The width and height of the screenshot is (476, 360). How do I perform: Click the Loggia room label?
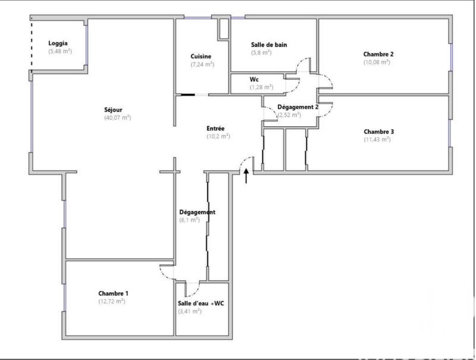point(58,43)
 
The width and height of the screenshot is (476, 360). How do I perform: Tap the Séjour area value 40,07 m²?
point(117,118)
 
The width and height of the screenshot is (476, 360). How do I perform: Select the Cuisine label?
point(201,57)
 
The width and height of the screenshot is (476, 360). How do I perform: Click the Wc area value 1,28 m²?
point(261,87)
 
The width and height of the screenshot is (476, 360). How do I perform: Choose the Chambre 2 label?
point(378,54)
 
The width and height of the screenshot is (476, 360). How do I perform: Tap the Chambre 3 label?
point(378,132)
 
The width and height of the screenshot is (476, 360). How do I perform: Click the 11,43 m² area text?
point(377,140)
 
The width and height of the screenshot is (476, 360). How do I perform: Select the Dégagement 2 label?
point(298,107)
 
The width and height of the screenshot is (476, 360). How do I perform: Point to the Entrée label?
point(215,128)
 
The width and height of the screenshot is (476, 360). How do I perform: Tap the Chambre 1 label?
point(113,293)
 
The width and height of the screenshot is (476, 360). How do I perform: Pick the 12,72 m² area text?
point(112,302)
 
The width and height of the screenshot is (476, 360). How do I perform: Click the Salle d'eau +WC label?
point(201,303)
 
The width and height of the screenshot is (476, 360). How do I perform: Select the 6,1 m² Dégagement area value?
point(189,220)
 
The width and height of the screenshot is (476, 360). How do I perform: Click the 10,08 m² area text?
point(377,62)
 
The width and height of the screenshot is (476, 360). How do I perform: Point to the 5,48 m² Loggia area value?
point(60,52)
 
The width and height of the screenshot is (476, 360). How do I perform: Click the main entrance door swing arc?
point(245,161)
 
